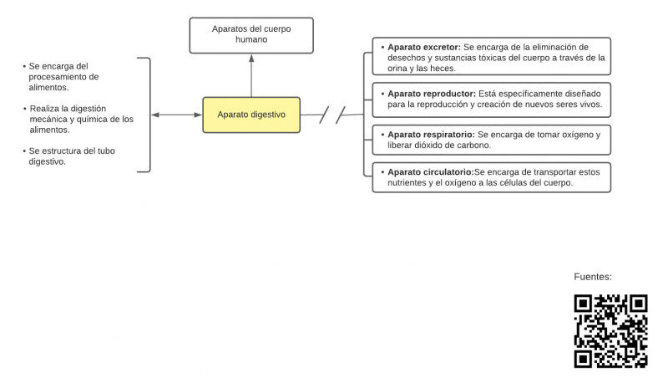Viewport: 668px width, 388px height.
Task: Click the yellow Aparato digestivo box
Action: tap(251, 115)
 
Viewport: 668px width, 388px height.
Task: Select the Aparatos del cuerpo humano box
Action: tap(251, 34)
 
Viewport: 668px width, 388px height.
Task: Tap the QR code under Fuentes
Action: tap(611, 331)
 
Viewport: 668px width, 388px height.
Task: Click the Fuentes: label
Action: tap(593, 277)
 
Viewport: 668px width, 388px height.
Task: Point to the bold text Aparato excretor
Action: tap(424, 48)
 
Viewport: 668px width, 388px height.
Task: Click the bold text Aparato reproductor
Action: tap(431, 94)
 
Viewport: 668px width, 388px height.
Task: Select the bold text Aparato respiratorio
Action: tap(431, 134)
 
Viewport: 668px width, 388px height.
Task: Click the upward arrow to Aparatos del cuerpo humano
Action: tap(251, 75)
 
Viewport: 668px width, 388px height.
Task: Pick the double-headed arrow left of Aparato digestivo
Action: tap(176, 115)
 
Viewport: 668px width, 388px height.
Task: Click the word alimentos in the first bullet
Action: tap(48, 87)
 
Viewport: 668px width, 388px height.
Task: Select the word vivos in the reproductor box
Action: tap(584, 105)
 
